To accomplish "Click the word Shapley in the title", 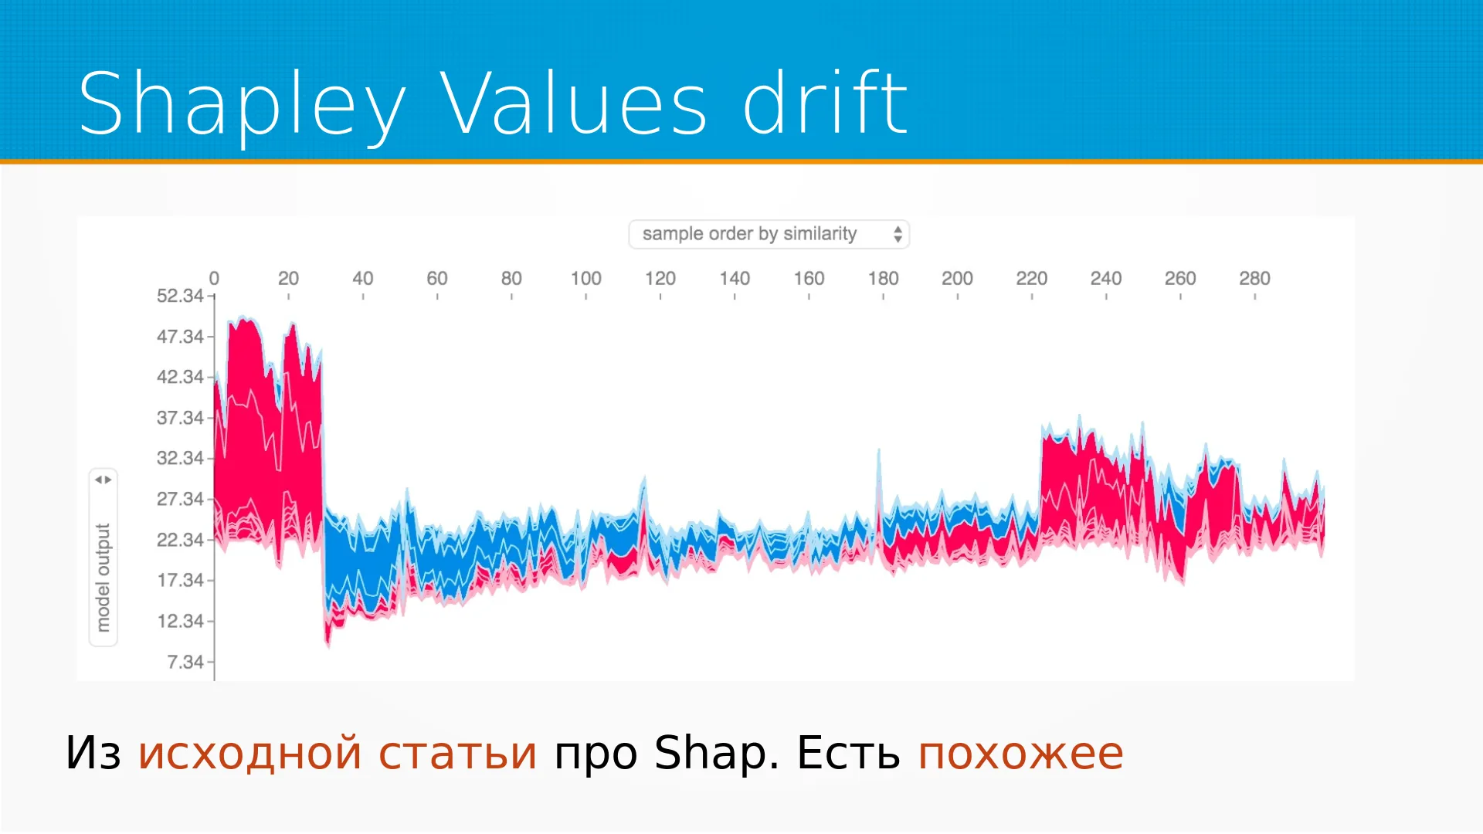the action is [x=242, y=105].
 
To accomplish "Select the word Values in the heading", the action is [x=574, y=103].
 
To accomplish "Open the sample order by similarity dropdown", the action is [x=769, y=234].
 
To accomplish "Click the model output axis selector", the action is [x=104, y=557].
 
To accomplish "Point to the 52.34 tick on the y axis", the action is [x=180, y=296].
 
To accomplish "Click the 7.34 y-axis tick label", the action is [x=185, y=662].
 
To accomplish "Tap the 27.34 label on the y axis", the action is [x=180, y=499].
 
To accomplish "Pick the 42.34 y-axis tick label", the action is [x=180, y=377].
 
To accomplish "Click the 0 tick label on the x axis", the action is [x=214, y=278].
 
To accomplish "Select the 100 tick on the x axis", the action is [x=585, y=278].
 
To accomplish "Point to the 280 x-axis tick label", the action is [x=1254, y=278].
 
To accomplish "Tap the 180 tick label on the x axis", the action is [x=883, y=278].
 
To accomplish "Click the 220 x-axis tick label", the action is [x=1031, y=278].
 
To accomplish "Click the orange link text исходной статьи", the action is [x=338, y=754].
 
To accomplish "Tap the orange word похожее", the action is [x=1020, y=754].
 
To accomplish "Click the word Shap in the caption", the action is [x=711, y=753].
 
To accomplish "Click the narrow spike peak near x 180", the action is [x=879, y=450].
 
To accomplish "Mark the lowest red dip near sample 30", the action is [x=328, y=644].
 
